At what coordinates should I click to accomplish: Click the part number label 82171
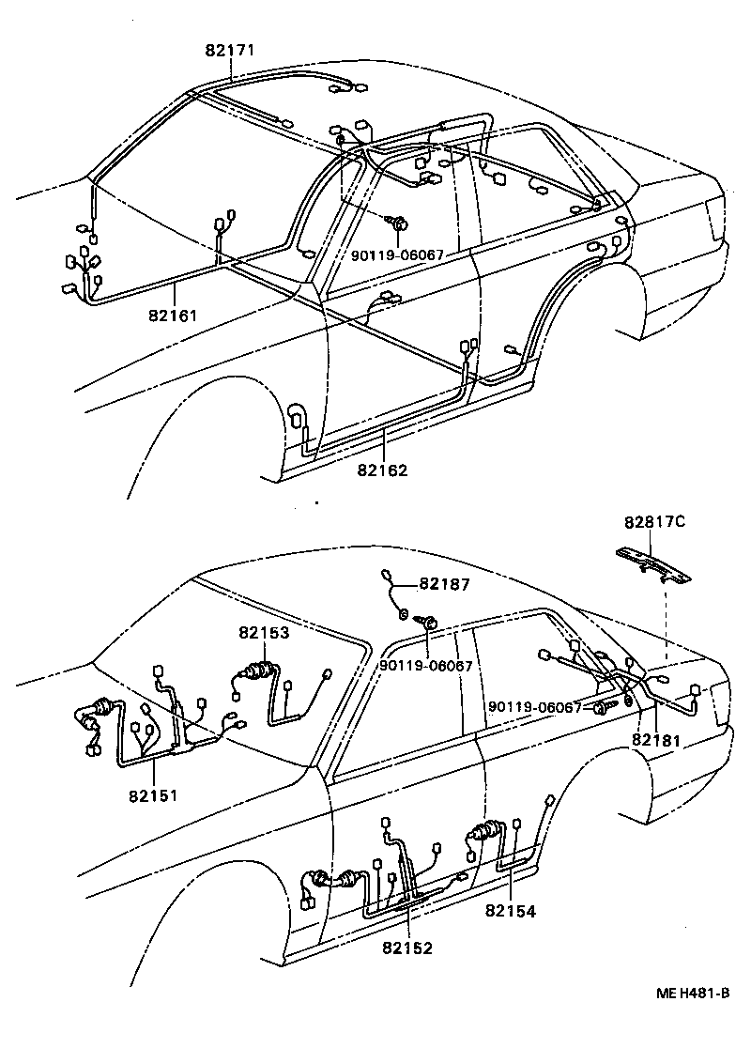click(x=230, y=50)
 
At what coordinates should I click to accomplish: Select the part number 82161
click(x=173, y=315)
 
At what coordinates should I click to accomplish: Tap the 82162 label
click(x=384, y=470)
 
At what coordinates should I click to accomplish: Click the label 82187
click(x=443, y=584)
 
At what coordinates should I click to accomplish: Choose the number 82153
click(x=264, y=634)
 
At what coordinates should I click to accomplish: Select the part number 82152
click(x=407, y=948)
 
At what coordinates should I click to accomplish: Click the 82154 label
click(x=511, y=910)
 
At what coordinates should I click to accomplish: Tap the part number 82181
click(x=656, y=739)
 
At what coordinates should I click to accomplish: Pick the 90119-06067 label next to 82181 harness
click(x=536, y=707)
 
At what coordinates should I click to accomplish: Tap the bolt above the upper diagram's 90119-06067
click(x=399, y=223)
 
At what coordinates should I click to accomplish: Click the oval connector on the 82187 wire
click(x=389, y=576)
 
